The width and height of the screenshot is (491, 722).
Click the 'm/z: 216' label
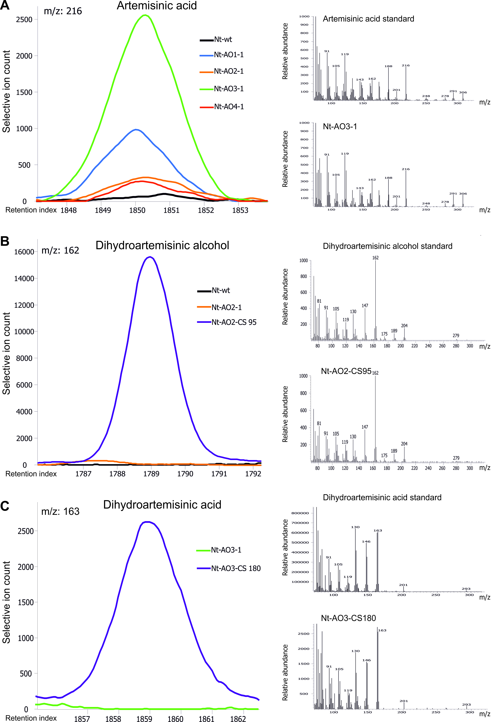point(63,11)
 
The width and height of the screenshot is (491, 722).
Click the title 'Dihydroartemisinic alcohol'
point(162,245)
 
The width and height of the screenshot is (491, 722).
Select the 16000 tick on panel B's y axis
point(24,252)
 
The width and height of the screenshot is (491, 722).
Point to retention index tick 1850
point(137,210)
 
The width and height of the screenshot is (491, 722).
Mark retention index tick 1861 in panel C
point(206,719)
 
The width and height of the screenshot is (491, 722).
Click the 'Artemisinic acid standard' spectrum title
point(368,19)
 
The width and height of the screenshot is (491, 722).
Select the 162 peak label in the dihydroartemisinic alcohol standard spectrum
point(375,258)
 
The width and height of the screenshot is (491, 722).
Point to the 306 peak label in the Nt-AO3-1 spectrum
point(463,194)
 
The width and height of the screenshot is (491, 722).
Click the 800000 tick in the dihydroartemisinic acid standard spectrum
point(300,513)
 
